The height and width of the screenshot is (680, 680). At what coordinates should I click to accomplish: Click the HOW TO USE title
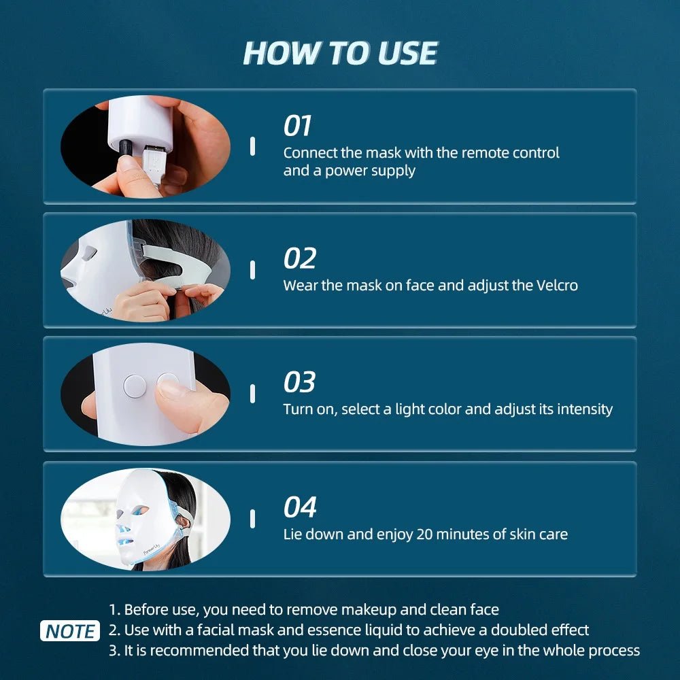point(340,53)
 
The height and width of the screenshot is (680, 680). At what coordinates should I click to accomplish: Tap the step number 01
point(297,126)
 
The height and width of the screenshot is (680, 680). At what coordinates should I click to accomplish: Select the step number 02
point(299,259)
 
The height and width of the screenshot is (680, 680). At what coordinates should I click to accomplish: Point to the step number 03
point(299,382)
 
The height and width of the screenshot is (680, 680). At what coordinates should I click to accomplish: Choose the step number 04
point(300,507)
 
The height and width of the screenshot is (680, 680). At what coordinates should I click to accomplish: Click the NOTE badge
point(70,630)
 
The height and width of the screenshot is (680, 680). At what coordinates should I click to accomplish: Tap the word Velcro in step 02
point(554,285)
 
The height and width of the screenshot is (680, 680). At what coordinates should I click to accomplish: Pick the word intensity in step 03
point(584,409)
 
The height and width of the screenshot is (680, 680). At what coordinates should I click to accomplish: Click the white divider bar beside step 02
point(252,270)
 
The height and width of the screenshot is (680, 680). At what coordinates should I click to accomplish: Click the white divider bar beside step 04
point(252,519)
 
